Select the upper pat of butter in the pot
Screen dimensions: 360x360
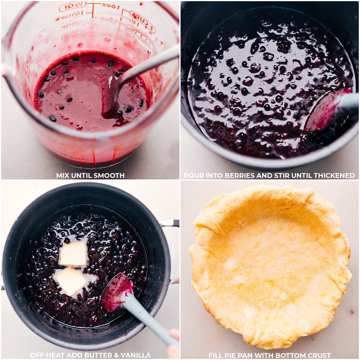73,254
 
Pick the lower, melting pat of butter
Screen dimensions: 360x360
71,281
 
